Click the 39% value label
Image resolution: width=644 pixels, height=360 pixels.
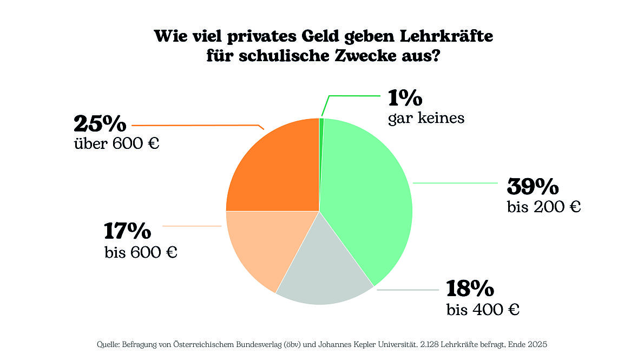coord(533,187)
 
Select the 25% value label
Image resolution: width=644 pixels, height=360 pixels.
coord(100,124)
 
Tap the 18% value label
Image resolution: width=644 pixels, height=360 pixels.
coord(470,289)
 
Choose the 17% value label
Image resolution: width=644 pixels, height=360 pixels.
coord(128,231)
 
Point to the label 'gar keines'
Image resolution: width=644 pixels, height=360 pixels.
coord(426,118)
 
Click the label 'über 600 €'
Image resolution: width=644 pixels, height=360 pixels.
coord(116,145)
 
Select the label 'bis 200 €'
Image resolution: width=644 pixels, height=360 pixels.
coord(544,206)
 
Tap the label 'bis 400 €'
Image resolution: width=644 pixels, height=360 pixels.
coord(483,310)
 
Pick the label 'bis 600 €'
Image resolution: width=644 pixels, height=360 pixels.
coord(141,252)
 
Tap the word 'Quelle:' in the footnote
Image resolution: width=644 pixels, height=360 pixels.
coord(108,344)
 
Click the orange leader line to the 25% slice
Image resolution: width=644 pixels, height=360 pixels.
coord(195,126)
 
